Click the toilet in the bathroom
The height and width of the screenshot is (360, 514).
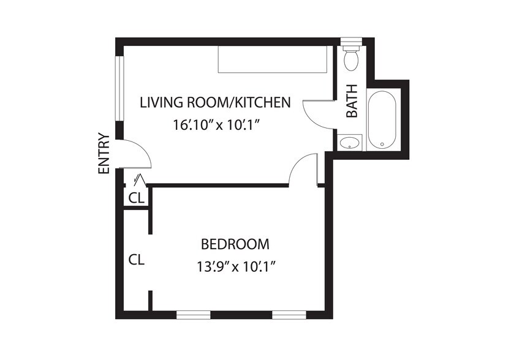(352, 59)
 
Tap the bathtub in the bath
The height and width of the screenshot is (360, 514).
(382, 119)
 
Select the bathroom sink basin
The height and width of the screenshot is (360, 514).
(349, 143)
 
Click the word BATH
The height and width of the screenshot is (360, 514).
(352, 100)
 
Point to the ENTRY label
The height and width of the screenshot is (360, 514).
(104, 153)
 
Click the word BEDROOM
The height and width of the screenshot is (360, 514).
(235, 244)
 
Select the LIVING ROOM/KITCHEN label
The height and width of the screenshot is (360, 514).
(216, 102)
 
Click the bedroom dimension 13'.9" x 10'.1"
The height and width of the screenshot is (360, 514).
(235, 267)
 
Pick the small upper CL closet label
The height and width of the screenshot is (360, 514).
(137, 198)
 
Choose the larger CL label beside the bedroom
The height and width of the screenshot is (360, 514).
(137, 260)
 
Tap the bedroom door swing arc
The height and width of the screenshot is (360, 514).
(297, 165)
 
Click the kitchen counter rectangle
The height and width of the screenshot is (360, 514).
(273, 59)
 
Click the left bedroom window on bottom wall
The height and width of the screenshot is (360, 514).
(194, 315)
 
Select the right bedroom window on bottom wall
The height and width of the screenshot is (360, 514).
(289, 315)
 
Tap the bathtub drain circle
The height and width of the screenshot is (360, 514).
(382, 144)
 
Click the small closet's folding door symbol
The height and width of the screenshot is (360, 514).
(140, 179)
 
